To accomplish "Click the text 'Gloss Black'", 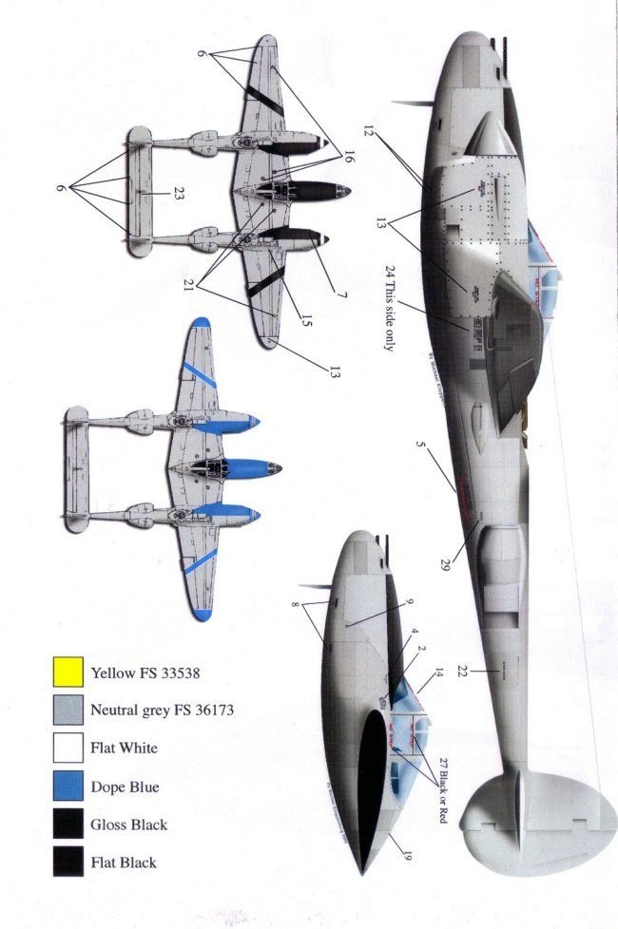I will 129,825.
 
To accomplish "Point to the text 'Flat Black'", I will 124,863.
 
